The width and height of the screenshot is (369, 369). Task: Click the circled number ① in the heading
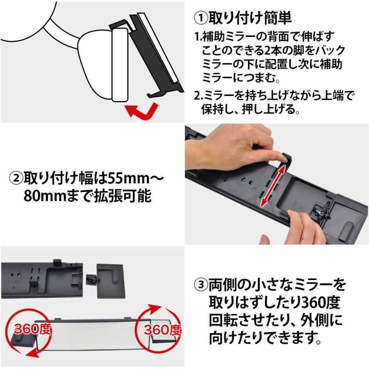click(x=200, y=18)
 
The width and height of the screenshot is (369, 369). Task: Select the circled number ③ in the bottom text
click(x=200, y=284)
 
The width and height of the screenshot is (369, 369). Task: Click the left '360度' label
click(x=32, y=329)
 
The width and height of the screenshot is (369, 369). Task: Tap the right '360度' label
click(x=163, y=329)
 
